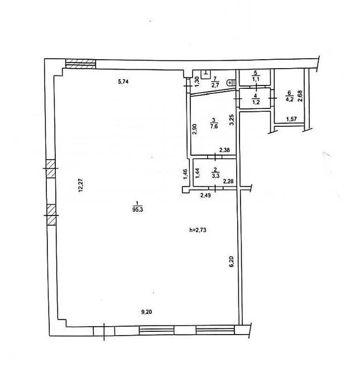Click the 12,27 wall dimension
pos(80,184)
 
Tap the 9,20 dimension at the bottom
pos(147,312)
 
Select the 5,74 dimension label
pos(123,82)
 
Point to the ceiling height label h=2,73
pos(198,230)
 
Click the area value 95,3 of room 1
pos(138,209)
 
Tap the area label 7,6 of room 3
pos(214,126)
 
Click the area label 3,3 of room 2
pos(215,176)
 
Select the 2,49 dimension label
pos(206,195)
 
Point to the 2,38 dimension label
pos(224,150)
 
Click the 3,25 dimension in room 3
pos(232,120)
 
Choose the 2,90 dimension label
pos(195,129)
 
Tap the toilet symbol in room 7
pos(231,82)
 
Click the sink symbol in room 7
pos(206,74)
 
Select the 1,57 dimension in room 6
pos(291,119)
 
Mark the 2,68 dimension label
pos(300,96)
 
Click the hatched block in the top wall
pos(80,64)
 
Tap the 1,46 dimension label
pos(185,174)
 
